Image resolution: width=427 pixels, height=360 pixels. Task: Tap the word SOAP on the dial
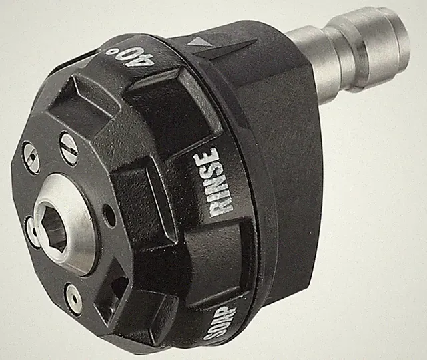(x=220, y=323)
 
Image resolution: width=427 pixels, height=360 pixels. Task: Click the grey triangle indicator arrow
(x=199, y=41)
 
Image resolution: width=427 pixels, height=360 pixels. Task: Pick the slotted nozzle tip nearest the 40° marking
(x=69, y=148)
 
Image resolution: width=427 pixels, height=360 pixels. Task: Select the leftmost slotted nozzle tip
(x=31, y=157)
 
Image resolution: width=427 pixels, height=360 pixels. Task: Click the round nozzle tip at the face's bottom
(x=73, y=299)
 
